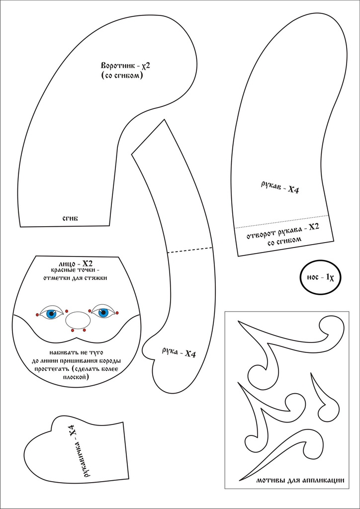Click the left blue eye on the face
(x=51, y=314)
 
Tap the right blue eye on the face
(x=103, y=313)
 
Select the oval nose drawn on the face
(x=78, y=320)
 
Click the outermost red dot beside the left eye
(x=37, y=315)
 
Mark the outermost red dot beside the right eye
(x=117, y=312)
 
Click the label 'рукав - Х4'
(x=279, y=187)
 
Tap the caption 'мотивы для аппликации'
(x=300, y=481)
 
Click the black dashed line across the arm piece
(x=190, y=250)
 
